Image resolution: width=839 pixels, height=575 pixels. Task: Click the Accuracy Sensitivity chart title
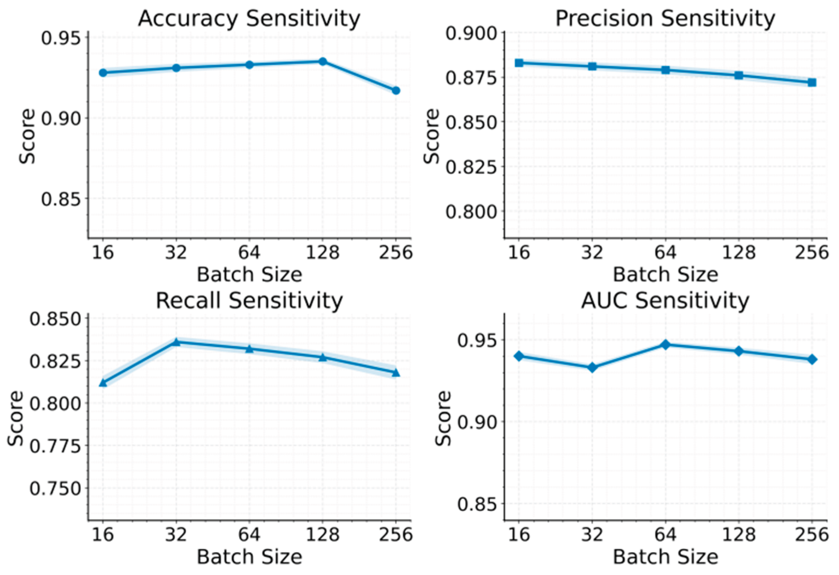249,18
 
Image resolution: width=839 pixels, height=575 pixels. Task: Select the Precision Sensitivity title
665,18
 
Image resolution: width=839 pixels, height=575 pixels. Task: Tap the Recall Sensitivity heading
249,301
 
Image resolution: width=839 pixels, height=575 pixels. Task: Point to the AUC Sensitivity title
665,301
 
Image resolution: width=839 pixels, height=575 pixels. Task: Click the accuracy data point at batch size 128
322,61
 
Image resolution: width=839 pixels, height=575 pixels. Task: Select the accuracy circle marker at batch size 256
396,90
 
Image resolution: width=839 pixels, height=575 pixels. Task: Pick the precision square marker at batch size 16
519,63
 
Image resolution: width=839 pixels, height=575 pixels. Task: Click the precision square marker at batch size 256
812,82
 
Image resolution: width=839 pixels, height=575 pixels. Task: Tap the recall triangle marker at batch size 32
176,342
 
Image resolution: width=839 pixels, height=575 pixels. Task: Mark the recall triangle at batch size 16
103,383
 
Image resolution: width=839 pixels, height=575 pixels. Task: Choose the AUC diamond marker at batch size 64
665,345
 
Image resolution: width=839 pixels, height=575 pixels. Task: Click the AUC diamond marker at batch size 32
592,368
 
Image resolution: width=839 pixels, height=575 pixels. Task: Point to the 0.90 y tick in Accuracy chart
61,119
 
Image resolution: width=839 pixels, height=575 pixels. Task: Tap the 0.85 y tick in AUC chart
477,504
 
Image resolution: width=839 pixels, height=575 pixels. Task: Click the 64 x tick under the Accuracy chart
249,253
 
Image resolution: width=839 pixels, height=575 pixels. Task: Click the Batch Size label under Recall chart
249,557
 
